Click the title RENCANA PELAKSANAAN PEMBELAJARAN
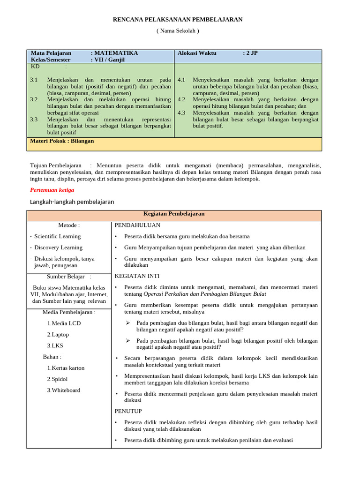tap(178, 20)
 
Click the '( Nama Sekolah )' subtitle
tap(178, 31)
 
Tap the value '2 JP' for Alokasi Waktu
tap(250, 53)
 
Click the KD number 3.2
tap(34, 100)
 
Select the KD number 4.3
tap(181, 113)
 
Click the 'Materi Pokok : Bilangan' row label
tap(62, 141)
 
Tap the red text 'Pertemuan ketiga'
tap(52, 190)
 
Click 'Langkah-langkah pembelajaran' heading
tap(72, 202)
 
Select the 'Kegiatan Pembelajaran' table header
tap(174, 214)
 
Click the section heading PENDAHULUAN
tap(137, 225)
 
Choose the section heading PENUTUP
tap(128, 411)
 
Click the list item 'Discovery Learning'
tap(58, 247)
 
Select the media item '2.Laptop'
tap(58, 335)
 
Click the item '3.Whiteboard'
tap(63, 390)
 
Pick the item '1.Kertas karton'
tap(66, 368)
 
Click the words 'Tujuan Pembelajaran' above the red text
tap(55, 165)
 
